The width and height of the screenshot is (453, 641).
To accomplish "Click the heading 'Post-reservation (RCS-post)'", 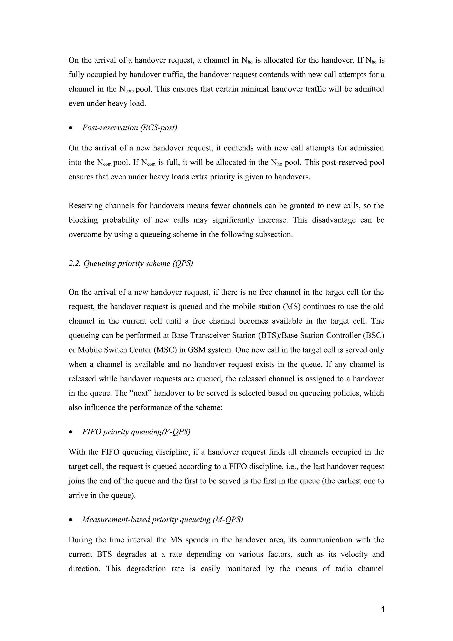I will pos(130,128).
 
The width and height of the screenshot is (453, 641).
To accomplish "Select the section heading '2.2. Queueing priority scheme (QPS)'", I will pos(131,263).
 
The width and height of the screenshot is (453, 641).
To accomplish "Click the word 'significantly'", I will pos(233,220).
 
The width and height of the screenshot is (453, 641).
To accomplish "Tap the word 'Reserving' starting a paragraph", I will pos(85,205).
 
